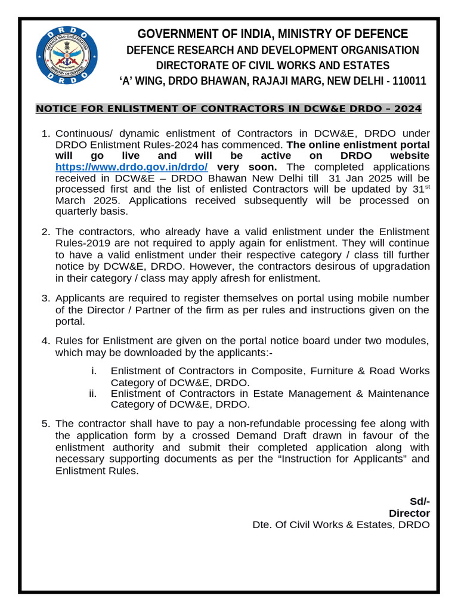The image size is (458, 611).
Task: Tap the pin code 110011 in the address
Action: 409,81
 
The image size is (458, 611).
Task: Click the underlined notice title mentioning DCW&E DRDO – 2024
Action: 228,109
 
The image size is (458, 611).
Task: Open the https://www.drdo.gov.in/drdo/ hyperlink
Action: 131,167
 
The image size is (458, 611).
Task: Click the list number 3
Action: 45,298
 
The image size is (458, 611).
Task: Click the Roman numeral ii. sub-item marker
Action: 93,393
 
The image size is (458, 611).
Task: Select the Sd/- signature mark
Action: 419,501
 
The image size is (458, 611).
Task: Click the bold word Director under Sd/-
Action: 409,513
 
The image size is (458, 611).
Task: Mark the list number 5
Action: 45,424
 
